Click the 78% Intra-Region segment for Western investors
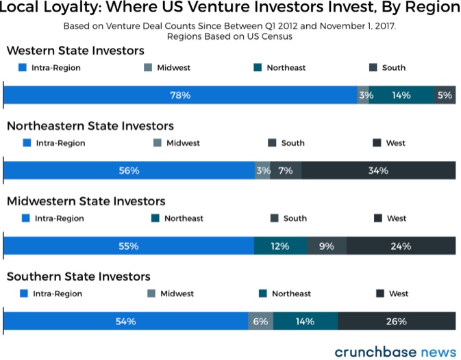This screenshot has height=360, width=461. click(x=181, y=95)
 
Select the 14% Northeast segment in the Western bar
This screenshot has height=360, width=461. click(x=402, y=95)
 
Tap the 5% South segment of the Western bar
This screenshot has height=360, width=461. click(x=446, y=95)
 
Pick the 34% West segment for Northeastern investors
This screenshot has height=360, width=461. click(x=378, y=170)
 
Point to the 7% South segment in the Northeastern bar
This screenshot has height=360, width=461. click(x=286, y=170)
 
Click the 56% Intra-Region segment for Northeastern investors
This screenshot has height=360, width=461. click(x=129, y=170)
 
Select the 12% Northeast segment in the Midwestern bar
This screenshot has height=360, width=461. click(x=280, y=246)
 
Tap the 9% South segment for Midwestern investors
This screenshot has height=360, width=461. click(x=327, y=246)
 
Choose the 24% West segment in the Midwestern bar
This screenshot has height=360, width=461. click(x=401, y=246)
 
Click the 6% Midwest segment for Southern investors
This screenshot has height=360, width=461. click(x=260, y=321)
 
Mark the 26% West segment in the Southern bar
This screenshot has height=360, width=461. click(x=397, y=321)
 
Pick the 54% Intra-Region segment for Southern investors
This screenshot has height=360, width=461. click(x=126, y=321)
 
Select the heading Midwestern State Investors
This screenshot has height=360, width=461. click(x=86, y=201)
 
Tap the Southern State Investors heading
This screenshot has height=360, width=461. click(x=79, y=277)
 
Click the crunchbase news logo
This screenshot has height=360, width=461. click(x=395, y=351)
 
